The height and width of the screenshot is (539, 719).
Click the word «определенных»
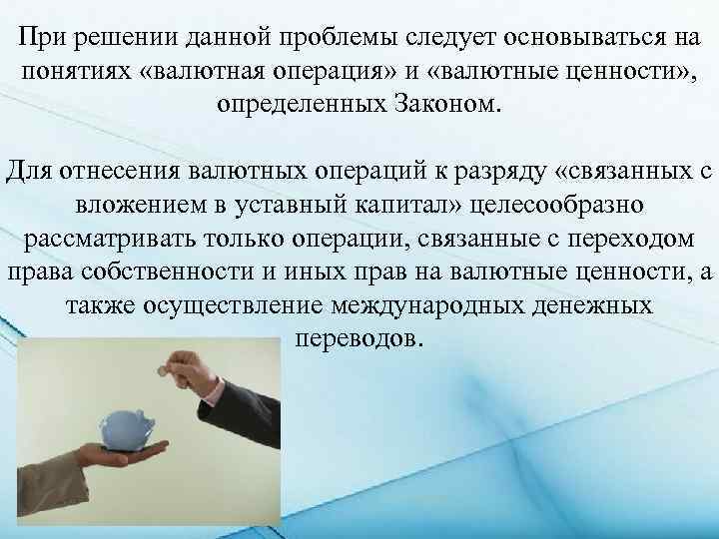pos(301,104)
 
